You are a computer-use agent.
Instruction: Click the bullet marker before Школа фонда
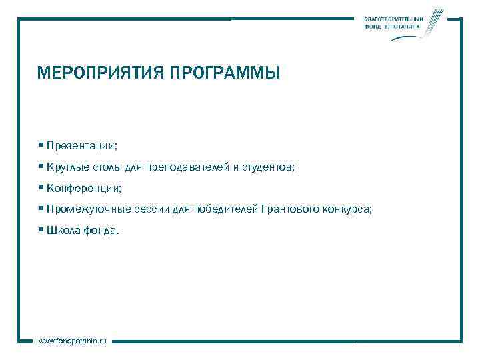pyautogui.click(x=41, y=230)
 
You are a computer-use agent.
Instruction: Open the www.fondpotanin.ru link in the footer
pyautogui.click(x=73, y=341)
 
